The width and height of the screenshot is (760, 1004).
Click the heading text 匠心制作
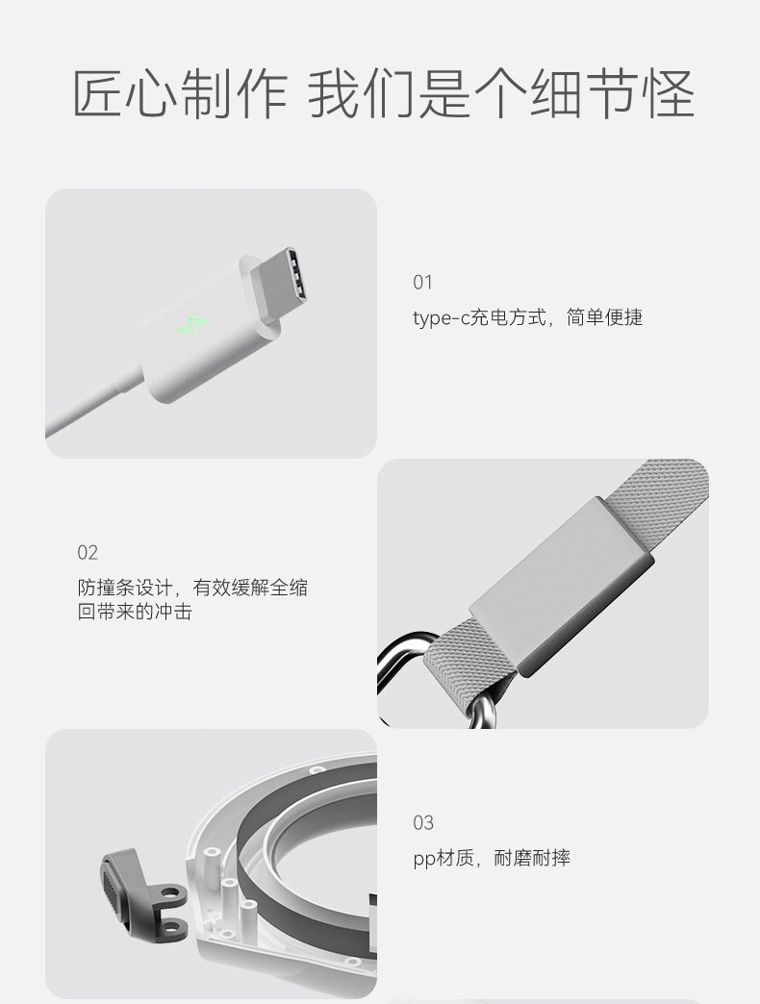pyautogui.click(x=180, y=94)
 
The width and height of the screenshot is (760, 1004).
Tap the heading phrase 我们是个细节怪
pyautogui.click(x=501, y=94)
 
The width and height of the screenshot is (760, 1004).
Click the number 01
pyautogui.click(x=422, y=283)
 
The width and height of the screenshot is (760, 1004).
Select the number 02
pyautogui.click(x=88, y=553)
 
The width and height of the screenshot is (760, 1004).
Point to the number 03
pyautogui.click(x=423, y=823)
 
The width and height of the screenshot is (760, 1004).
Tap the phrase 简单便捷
pyautogui.click(x=604, y=317)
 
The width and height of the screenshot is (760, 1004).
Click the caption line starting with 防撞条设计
pyautogui.click(x=192, y=588)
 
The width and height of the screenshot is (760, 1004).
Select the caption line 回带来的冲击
pyautogui.click(x=135, y=612)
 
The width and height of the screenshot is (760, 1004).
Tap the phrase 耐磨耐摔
pyautogui.click(x=532, y=858)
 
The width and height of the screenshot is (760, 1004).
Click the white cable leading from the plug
pyautogui.click(x=89, y=402)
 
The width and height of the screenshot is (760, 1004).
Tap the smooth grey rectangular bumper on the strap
pyautogui.click(x=562, y=587)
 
